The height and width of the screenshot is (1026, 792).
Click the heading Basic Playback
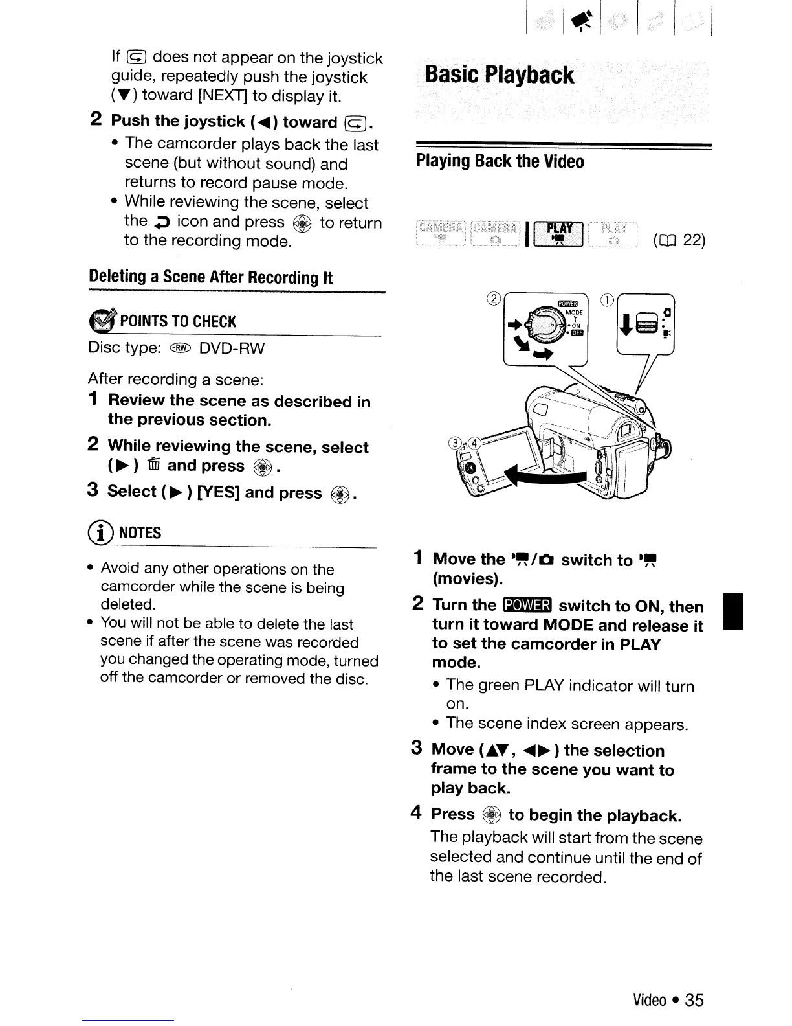(499, 75)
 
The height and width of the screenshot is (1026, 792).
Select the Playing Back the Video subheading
(500, 161)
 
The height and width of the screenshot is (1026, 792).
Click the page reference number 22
(694, 241)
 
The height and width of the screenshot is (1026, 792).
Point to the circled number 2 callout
(494, 299)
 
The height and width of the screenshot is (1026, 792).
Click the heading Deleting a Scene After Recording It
(210, 277)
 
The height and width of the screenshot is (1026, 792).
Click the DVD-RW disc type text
(232, 348)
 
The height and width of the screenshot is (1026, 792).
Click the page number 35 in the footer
(694, 1000)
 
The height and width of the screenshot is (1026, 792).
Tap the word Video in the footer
(650, 1000)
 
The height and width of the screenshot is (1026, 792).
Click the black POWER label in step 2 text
(527, 606)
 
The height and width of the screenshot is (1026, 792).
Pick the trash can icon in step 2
(153, 466)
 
